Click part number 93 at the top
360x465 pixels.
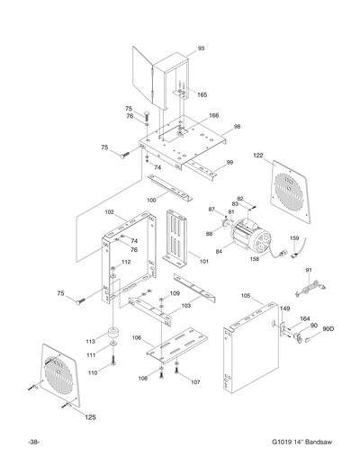click(x=201, y=48)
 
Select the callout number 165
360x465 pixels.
click(x=202, y=94)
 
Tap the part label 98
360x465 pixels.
click(x=237, y=127)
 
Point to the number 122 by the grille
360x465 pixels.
click(x=258, y=156)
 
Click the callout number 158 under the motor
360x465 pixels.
click(x=255, y=259)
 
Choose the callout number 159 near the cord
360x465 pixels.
click(x=294, y=238)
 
